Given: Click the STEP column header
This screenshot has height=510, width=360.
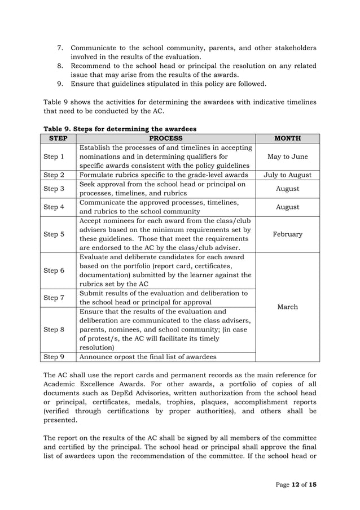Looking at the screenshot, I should coord(59,138).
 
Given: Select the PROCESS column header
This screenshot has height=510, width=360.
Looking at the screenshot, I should coord(166,138).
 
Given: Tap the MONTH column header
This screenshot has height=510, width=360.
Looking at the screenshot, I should coord(287,138).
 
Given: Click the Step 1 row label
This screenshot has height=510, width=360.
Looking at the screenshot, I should coord(54,156).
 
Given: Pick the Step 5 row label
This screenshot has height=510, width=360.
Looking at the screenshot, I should coord(54,234).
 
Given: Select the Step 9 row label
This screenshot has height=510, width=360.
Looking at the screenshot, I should coord(54,356).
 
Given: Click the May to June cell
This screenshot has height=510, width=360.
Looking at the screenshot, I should coord(287,156).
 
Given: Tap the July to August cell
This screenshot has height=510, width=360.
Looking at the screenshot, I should coord(287,175).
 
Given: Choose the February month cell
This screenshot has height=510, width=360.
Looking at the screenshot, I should coord(287,234).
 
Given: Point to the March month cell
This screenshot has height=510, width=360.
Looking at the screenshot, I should coord(287,307).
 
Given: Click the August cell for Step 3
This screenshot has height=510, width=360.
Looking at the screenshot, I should coord(287,189).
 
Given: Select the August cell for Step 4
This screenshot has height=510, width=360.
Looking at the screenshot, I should coord(287,207).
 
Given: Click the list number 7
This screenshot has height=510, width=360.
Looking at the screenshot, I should coord(60,48).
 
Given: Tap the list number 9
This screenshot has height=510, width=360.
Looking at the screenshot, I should coord(60,84).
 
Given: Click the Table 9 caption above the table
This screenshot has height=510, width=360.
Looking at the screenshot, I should coord(120,129).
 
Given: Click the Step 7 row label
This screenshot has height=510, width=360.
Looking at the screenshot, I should coord(54,298).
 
